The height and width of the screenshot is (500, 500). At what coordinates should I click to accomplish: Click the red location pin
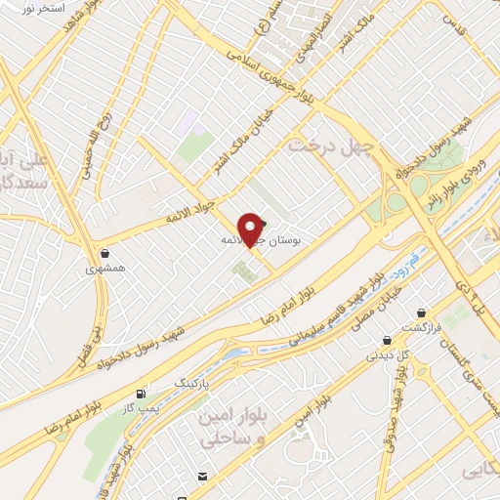pos(253,230)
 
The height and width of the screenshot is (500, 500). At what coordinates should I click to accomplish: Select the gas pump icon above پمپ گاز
pos(146,394)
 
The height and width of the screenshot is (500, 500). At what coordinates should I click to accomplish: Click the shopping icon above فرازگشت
pos(421,313)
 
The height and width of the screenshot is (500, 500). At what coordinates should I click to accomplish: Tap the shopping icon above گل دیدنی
pos(389,342)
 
